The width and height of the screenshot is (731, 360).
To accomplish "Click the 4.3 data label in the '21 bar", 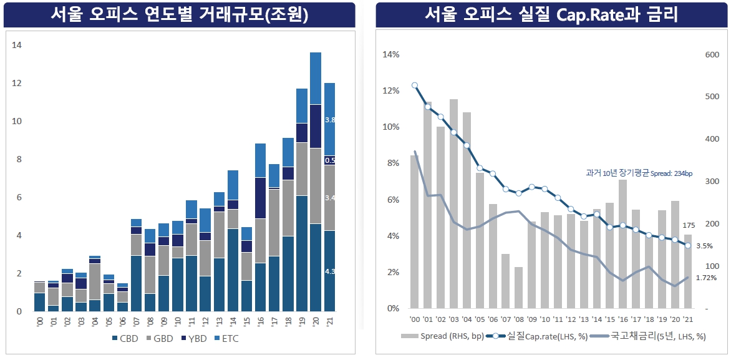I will click(x=331, y=271).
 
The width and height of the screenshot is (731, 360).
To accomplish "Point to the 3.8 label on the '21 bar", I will click(x=331, y=119).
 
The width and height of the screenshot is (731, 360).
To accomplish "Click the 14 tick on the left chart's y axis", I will click(x=17, y=45).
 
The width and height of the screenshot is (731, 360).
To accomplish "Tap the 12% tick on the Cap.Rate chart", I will click(x=391, y=91).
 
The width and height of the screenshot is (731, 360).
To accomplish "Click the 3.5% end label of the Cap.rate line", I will click(x=704, y=246).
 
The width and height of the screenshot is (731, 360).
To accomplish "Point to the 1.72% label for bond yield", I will click(x=706, y=278).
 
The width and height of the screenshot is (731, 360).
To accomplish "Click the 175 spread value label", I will click(x=689, y=225).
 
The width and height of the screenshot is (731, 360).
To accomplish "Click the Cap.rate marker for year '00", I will click(x=415, y=85).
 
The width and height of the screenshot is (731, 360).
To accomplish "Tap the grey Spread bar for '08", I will click(x=518, y=288).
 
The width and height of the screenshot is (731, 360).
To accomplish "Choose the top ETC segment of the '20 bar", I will click(x=316, y=78).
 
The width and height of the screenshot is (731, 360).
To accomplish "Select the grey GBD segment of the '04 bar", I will click(x=95, y=281).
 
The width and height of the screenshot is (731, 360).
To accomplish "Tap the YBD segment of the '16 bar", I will click(x=260, y=198).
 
